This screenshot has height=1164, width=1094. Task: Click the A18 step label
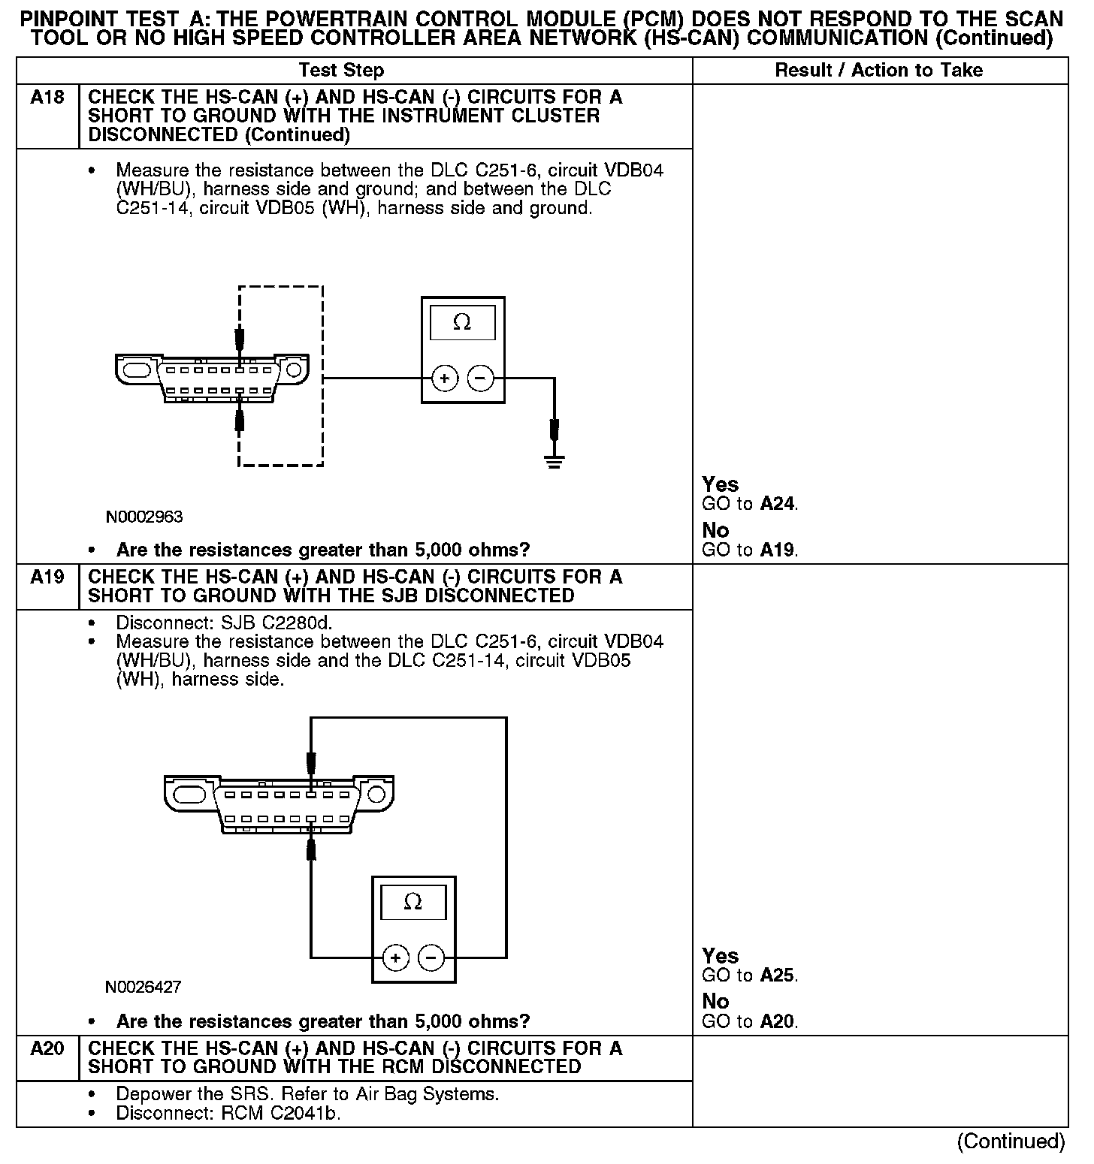click(x=47, y=98)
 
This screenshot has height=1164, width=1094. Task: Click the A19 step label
click(x=47, y=577)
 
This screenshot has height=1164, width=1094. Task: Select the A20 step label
click(x=47, y=1049)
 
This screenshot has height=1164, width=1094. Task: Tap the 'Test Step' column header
click(x=341, y=71)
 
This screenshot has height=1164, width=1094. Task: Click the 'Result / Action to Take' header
click(x=878, y=71)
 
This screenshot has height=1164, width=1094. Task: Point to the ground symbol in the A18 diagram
click(x=555, y=460)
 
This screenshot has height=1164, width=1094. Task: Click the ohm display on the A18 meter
click(x=462, y=323)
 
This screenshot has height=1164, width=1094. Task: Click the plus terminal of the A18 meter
click(x=445, y=378)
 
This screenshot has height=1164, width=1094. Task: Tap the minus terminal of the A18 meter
click(x=481, y=378)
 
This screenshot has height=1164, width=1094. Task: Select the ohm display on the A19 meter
click(x=413, y=902)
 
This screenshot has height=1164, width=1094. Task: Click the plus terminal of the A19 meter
click(x=395, y=957)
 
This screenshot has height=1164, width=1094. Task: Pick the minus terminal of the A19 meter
click(x=431, y=957)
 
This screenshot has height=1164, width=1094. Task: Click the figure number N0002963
click(x=144, y=517)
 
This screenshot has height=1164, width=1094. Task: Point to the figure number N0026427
click(x=143, y=987)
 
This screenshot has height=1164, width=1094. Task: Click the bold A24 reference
click(x=777, y=504)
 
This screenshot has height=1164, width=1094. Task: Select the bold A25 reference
click(x=777, y=976)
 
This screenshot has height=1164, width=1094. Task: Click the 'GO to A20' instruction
click(x=750, y=1021)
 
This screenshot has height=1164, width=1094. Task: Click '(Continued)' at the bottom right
click(x=1011, y=1141)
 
